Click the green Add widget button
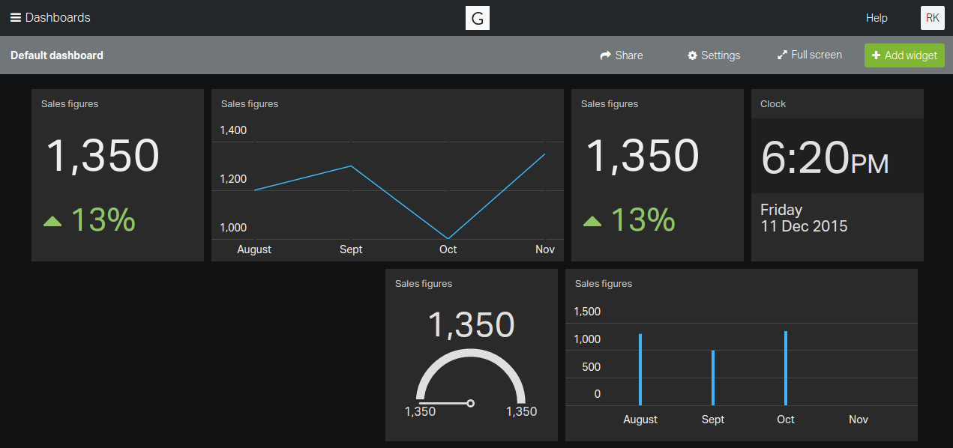[x=904, y=55]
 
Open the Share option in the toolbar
[x=622, y=55]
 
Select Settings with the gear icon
[x=714, y=55]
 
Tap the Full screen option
[x=810, y=55]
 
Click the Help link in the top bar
[x=877, y=18]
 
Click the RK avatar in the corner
[x=932, y=18]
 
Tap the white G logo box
[x=478, y=18]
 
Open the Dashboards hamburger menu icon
[x=15, y=18]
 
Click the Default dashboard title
[x=57, y=55]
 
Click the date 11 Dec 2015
[x=804, y=226]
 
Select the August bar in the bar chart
[x=640, y=369]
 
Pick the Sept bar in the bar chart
[x=713, y=378]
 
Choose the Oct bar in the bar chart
[x=786, y=368]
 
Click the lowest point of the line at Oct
[x=448, y=238]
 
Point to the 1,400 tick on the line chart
[x=233, y=130]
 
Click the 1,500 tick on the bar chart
[x=587, y=312]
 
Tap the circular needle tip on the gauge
[x=470, y=403]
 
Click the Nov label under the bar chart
[x=859, y=420]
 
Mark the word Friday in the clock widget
[x=781, y=210]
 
